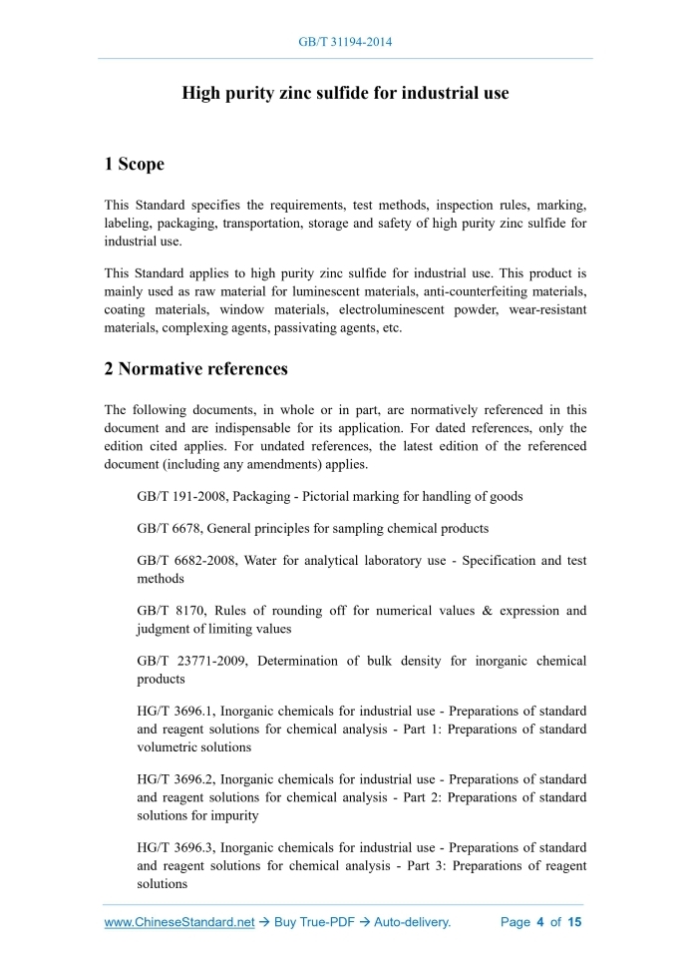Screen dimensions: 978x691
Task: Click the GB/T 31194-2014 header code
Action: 345,42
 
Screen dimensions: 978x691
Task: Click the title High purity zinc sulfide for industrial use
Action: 345,93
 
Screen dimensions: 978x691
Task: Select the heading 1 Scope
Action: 135,164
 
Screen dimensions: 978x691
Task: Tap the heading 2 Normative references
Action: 196,369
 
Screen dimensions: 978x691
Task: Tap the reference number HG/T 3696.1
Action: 173,712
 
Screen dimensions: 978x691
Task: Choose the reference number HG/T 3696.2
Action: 173,778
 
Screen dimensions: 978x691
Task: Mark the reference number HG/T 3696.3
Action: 173,847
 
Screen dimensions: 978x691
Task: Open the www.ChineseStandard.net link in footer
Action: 179,923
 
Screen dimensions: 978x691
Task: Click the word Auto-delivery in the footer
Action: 413,923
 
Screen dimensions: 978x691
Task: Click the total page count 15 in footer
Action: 574,923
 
